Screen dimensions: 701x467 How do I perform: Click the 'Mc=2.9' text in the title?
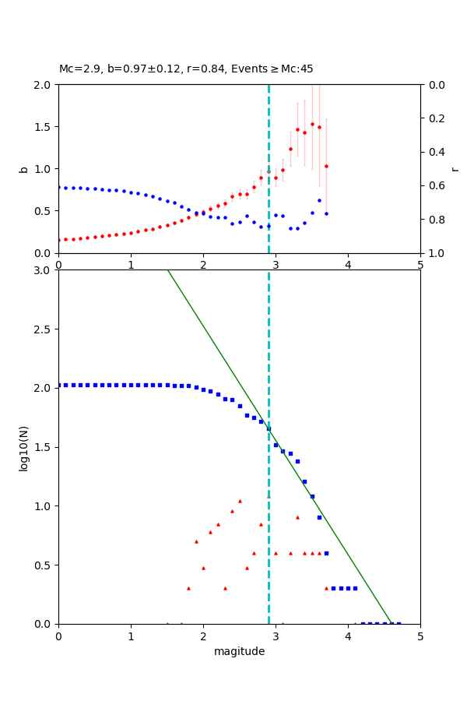pyautogui.click(x=76, y=69)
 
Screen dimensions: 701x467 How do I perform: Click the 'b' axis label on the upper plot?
pyautogui.click(x=23, y=169)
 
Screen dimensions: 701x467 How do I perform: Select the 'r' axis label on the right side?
pyautogui.click(x=455, y=169)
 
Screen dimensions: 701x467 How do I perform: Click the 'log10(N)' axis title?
pyautogui.click(x=23, y=447)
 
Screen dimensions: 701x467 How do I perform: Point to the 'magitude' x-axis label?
pyautogui.click(x=239, y=651)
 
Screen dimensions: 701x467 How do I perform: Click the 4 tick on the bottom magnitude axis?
pyautogui.click(x=348, y=637)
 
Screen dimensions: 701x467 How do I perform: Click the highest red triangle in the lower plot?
pyautogui.click(x=240, y=501)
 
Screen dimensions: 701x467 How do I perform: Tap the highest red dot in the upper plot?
pyautogui.click(x=312, y=124)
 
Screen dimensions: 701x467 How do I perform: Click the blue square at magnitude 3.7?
pyautogui.click(x=326, y=553)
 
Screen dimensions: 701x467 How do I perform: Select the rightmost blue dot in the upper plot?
pyautogui.click(x=326, y=213)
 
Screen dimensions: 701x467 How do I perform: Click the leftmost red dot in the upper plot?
pyautogui.click(x=59, y=240)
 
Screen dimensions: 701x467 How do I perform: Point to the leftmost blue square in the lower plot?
pyautogui.click(x=59, y=385)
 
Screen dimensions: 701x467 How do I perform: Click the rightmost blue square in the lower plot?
pyautogui.click(x=399, y=624)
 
